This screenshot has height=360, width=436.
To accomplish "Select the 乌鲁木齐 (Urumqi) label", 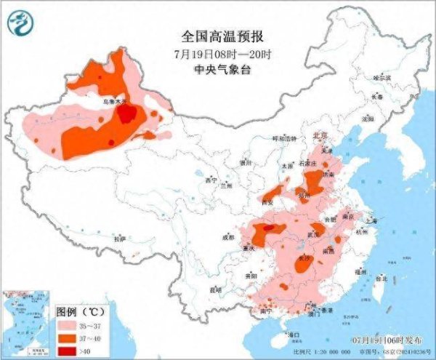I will coord(114,102).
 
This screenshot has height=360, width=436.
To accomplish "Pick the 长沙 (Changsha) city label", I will coord(304,258).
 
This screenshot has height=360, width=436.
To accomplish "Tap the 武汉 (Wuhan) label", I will coord(314,235).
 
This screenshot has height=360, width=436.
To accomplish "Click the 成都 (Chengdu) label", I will coord(229,236).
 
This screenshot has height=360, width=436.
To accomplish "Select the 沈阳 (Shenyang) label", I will coord(368,118).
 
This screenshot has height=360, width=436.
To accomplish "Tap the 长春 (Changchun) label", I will coord(377,96).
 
